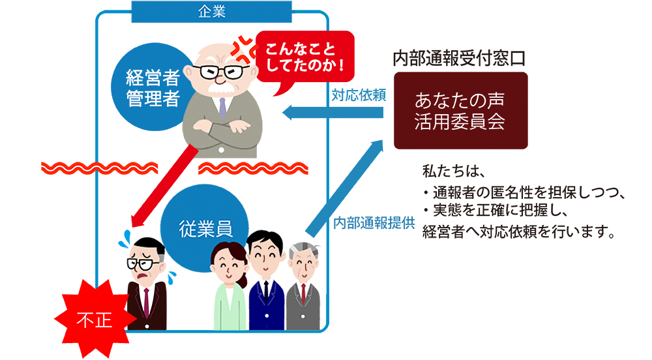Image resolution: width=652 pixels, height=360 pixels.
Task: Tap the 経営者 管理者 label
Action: pyautogui.click(x=152, y=89)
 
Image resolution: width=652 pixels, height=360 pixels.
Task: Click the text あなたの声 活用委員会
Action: pyautogui.click(x=460, y=112)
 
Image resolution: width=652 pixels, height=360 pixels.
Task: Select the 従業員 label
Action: pyautogui.click(x=206, y=228)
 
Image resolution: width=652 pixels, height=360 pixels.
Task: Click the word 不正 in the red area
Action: pyautogui.click(x=95, y=320)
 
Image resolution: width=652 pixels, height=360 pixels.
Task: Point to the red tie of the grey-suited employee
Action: pyautogui.click(x=303, y=293)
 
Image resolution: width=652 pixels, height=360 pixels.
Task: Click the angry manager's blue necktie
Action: pyautogui.click(x=222, y=107)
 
